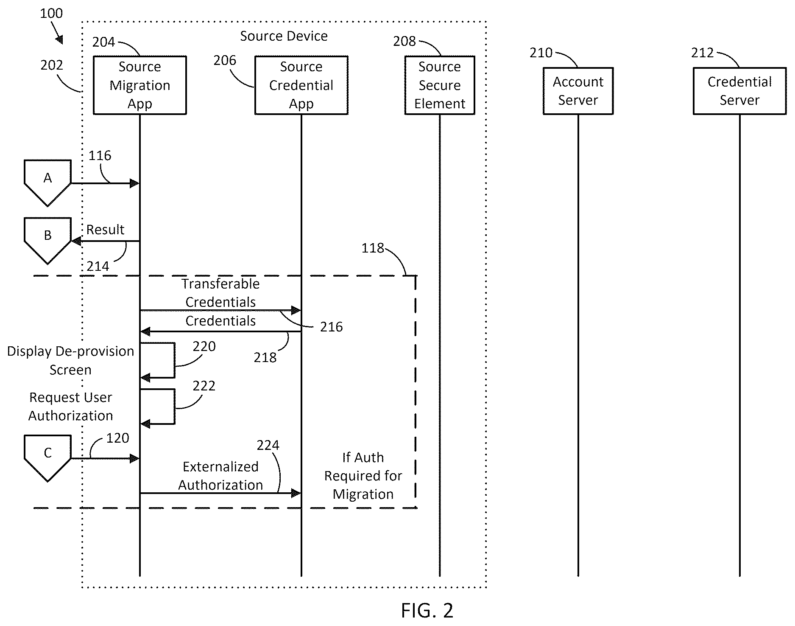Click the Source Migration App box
(x=139, y=85)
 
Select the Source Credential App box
(x=301, y=85)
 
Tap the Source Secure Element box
(x=440, y=85)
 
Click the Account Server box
(x=578, y=91)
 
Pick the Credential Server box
(x=739, y=91)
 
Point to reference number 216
(x=331, y=327)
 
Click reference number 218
(x=265, y=357)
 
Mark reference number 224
(x=268, y=445)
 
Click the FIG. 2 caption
(x=427, y=610)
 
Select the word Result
(x=105, y=230)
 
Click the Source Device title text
(x=284, y=36)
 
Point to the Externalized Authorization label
(x=220, y=476)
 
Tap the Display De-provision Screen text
(x=70, y=360)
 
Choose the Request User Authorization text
(x=71, y=407)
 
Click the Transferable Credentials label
(x=220, y=292)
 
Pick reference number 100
(x=51, y=13)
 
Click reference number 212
(x=703, y=53)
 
